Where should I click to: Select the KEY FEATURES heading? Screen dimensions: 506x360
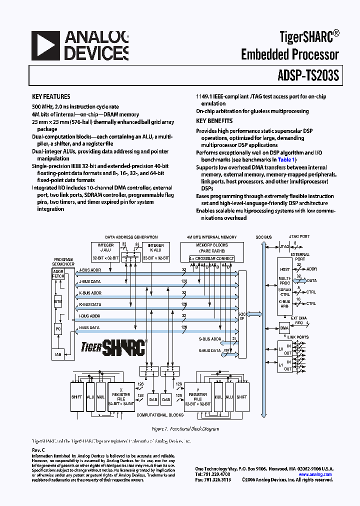pyautogui.click(x=51, y=97)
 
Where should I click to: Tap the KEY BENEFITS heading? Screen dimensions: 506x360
pyautogui.click(x=214, y=121)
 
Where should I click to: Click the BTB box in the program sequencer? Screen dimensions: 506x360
pyautogui.click(x=58, y=302)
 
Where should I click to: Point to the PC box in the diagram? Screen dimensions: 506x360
pyautogui.click(x=58, y=329)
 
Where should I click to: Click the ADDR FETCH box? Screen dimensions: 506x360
pyautogui.click(x=58, y=274)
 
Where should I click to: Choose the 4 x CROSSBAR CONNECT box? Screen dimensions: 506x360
pyautogui.click(x=211, y=258)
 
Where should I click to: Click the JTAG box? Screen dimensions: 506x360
pyautogui.click(x=284, y=246)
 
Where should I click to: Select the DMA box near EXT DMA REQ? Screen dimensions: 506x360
pyautogui.click(x=284, y=328)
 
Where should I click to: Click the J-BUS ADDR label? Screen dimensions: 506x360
pyautogui.click(x=90, y=270)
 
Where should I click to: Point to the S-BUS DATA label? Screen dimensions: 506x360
pyautogui.click(x=209, y=350)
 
